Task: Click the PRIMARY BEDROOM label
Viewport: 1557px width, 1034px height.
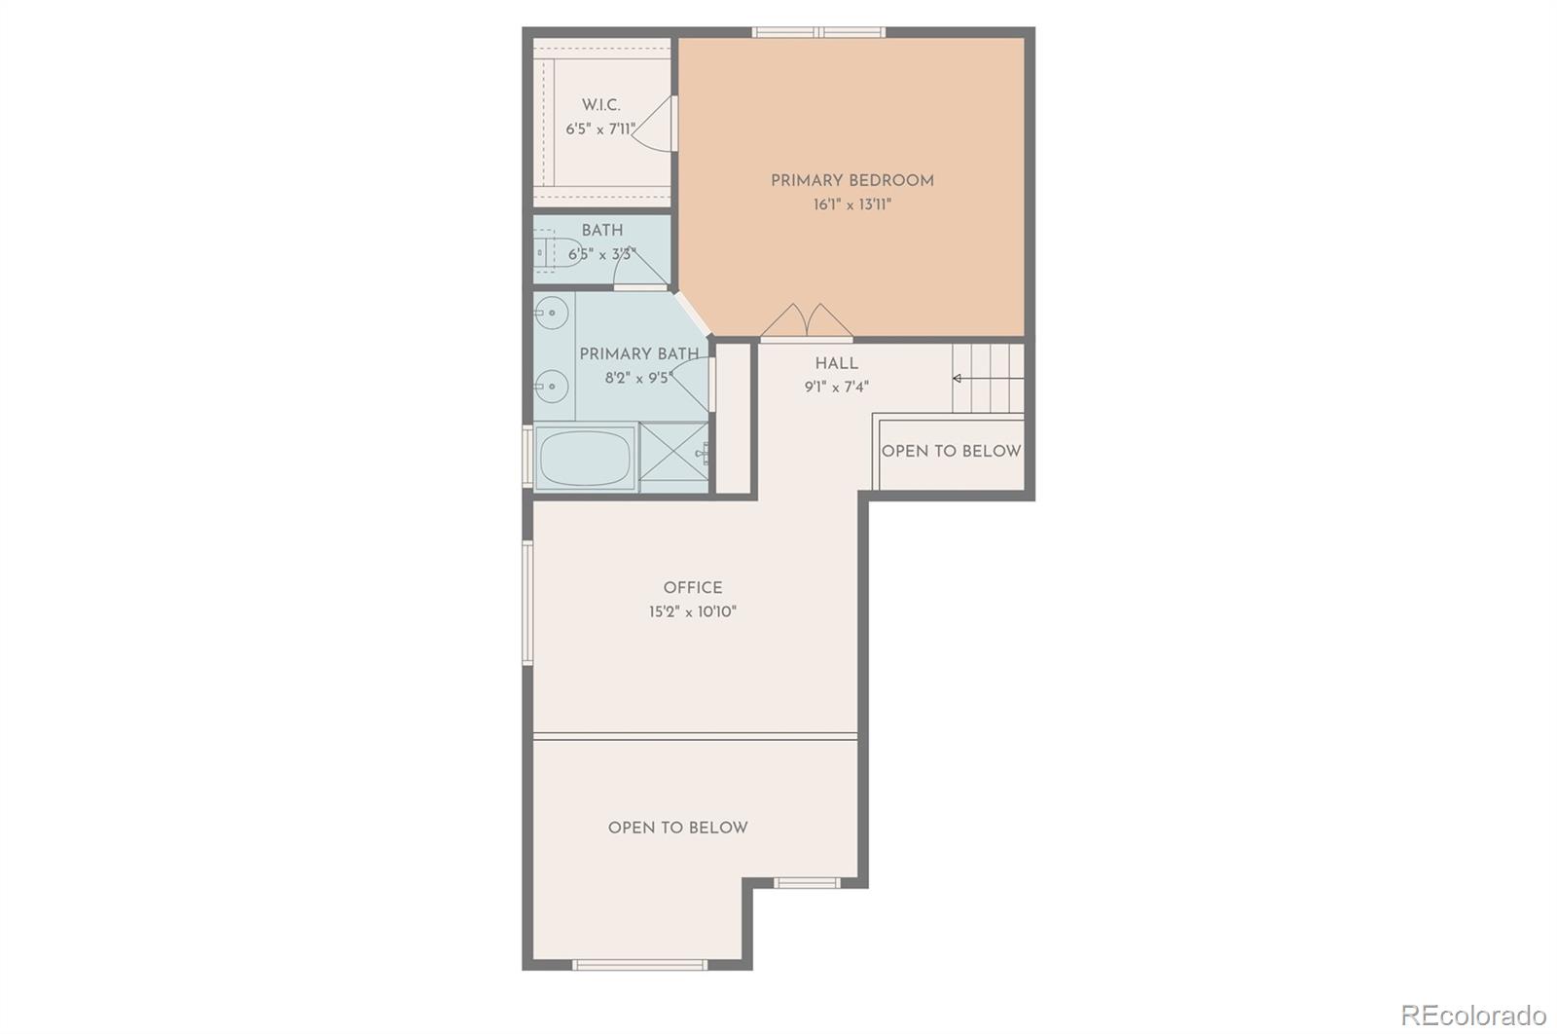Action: point(851,181)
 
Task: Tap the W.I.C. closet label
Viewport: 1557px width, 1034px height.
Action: point(600,105)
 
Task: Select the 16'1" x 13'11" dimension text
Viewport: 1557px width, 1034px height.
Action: point(852,205)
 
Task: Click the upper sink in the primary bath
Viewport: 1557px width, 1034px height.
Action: point(551,314)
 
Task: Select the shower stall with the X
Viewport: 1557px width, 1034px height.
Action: point(672,456)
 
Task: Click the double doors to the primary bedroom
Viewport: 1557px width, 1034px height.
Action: point(807,322)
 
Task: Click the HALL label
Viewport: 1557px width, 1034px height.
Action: point(836,364)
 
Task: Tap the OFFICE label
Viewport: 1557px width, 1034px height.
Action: point(692,588)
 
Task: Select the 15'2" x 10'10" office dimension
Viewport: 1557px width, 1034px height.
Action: point(692,612)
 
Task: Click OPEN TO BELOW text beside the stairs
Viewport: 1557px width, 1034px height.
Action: point(951,452)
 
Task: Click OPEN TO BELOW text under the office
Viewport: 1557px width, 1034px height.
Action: point(677,829)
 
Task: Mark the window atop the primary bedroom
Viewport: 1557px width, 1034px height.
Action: point(818,32)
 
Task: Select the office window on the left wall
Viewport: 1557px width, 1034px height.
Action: point(528,603)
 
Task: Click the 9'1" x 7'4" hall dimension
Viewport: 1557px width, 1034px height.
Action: point(836,388)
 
